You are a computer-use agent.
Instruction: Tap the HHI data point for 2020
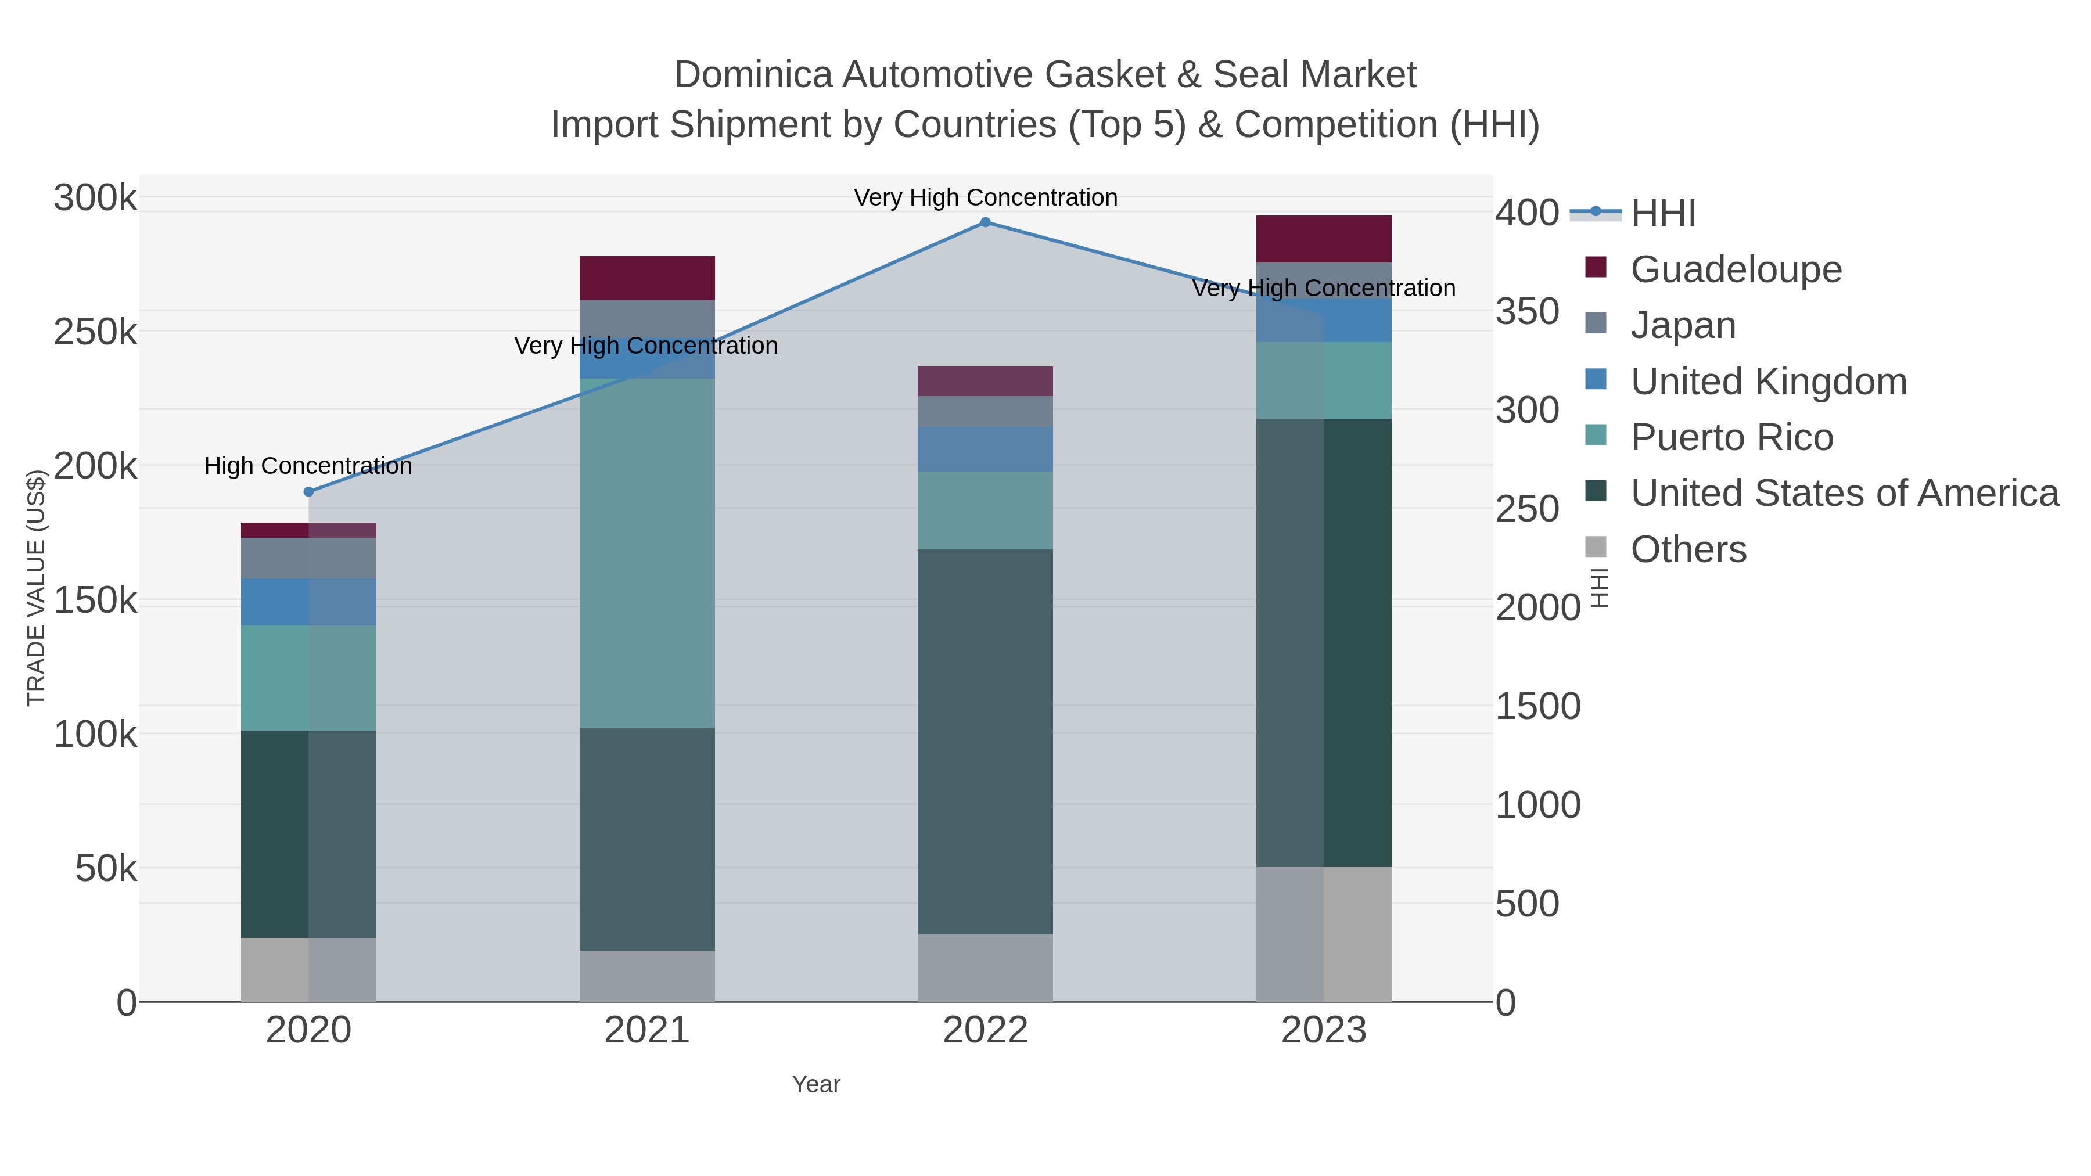click(308, 492)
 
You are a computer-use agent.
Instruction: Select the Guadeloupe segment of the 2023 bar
click(1323, 239)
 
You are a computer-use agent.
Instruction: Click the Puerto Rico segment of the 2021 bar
click(647, 552)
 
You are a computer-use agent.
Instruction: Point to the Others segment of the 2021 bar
click(647, 976)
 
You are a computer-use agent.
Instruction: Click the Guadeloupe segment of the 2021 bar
click(647, 278)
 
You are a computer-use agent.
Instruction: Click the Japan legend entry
click(1683, 325)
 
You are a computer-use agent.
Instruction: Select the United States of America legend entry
click(1844, 494)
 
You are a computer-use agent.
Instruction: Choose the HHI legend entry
click(1662, 214)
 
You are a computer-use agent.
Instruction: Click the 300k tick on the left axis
click(95, 198)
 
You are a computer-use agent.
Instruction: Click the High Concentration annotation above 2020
click(308, 466)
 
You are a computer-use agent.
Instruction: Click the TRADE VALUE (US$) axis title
click(37, 588)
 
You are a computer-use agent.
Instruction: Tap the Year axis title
click(816, 1084)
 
